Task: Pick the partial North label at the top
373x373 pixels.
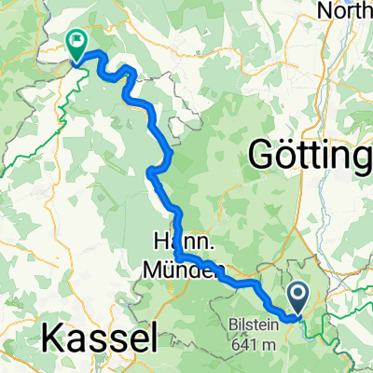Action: click(345, 10)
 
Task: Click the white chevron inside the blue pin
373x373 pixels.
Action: click(298, 296)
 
